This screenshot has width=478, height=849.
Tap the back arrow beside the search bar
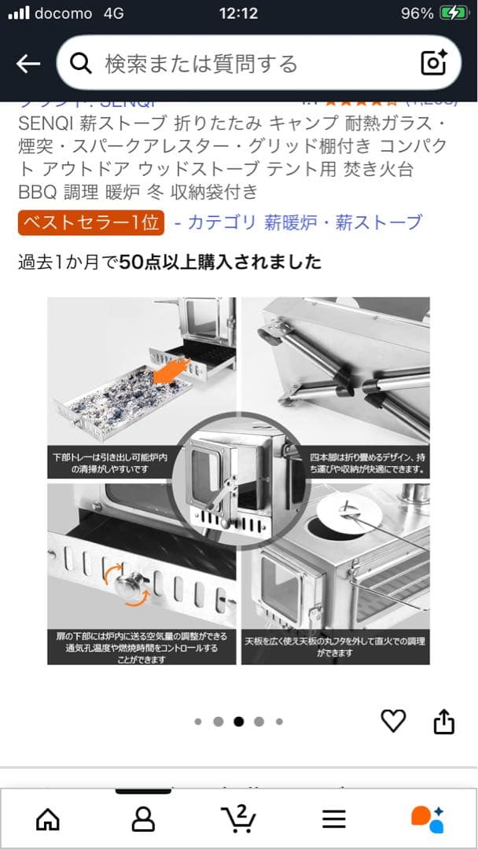(28, 64)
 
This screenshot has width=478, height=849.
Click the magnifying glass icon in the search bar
(81, 64)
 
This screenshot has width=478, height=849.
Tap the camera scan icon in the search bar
(433, 63)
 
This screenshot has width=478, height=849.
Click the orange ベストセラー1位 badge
(91, 222)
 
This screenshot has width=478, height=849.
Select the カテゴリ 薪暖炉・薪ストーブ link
(298, 222)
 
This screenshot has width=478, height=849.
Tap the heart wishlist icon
(393, 720)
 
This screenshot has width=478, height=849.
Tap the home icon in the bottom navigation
(48, 819)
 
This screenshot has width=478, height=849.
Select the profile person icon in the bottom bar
(143, 819)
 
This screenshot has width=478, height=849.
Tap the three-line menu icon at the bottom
(334, 819)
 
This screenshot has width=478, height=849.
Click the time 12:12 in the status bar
(238, 13)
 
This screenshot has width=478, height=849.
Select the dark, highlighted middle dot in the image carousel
(238, 721)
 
